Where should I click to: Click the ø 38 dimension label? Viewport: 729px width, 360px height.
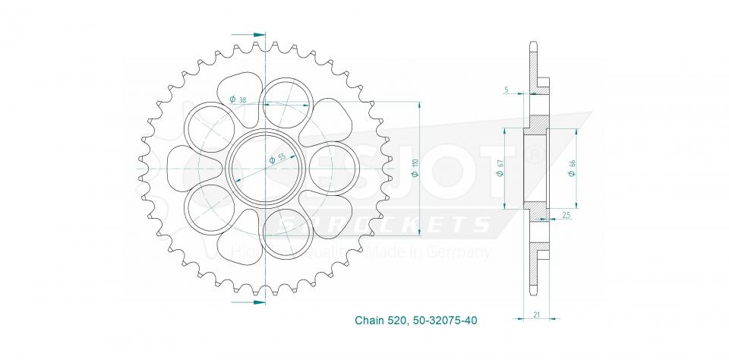click(238, 99)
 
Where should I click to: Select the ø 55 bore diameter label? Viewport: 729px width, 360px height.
click(277, 159)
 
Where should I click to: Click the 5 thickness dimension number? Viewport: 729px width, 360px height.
click(506, 90)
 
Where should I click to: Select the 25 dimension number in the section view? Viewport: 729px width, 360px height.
click(566, 216)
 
